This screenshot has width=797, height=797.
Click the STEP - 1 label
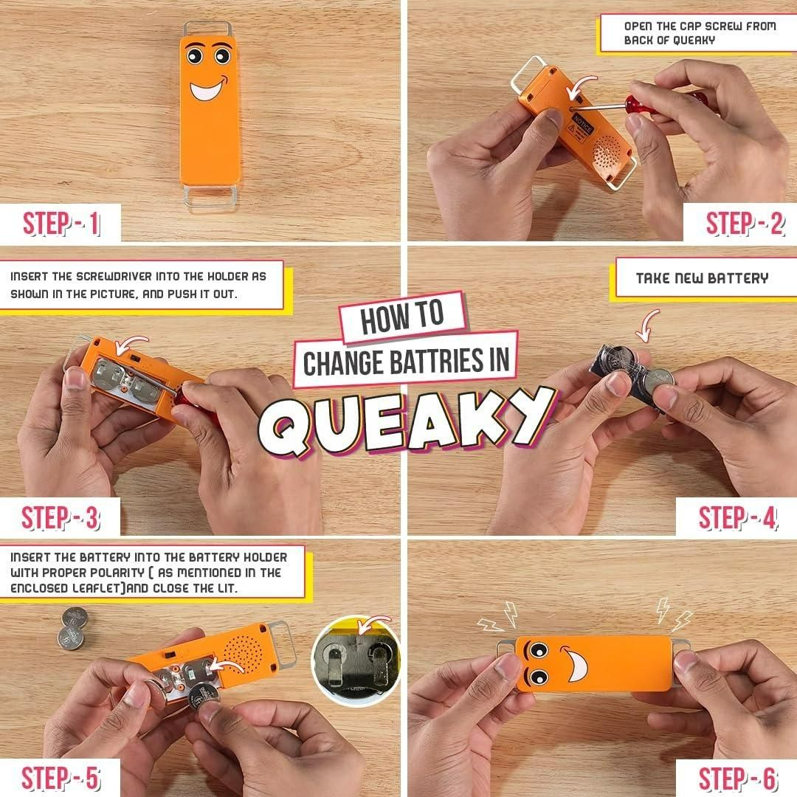tap(61, 224)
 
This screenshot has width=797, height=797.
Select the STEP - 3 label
tap(61, 518)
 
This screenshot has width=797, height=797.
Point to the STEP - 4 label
tap(738, 518)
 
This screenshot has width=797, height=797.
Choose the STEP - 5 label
tap(61, 779)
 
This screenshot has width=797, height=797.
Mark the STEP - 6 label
tap(738, 779)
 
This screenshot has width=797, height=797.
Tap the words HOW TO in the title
tap(402, 317)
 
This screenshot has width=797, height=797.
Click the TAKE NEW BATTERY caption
tap(702, 278)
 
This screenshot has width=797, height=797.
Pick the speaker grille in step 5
tap(243, 650)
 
